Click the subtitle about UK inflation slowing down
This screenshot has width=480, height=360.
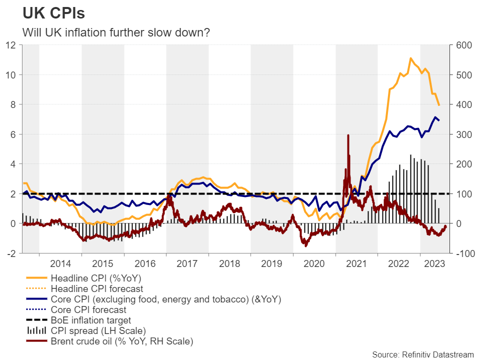pyautogui.click(x=116, y=32)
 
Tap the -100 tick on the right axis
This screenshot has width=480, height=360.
pyautogui.click(x=463, y=253)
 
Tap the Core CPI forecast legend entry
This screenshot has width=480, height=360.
pyautogui.click(x=88, y=309)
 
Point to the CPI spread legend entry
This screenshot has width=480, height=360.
pyautogui.click(x=98, y=331)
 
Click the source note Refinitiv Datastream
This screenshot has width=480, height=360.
pyautogui.click(x=422, y=354)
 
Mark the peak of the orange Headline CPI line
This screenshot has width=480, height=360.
pyautogui.click(x=410, y=58)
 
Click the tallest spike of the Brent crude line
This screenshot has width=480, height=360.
pyautogui.click(x=348, y=135)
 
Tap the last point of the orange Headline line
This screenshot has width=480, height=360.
pyautogui.click(x=439, y=105)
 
